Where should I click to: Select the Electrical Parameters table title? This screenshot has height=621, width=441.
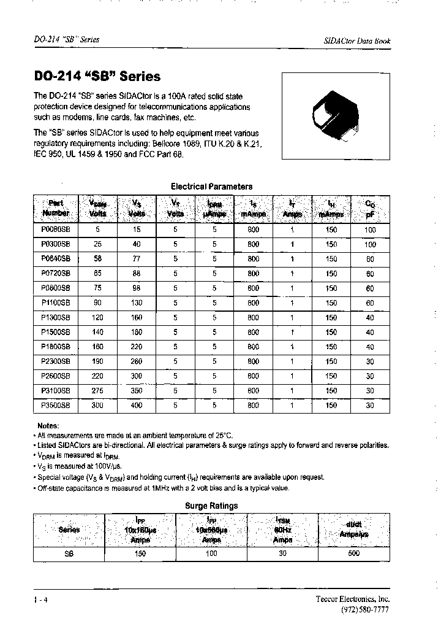click(211, 187)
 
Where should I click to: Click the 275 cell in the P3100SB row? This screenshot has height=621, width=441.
click(97, 391)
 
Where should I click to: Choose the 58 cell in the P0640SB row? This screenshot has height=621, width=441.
click(97, 259)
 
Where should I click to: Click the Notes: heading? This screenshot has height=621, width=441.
click(48, 426)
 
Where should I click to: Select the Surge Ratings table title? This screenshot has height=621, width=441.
click(211, 506)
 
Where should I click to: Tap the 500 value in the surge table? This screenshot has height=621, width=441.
click(353, 553)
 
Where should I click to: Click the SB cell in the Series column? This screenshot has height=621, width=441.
click(69, 553)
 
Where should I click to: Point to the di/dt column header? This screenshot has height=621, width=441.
click(353, 530)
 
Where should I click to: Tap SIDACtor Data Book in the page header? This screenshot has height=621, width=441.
click(356, 41)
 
